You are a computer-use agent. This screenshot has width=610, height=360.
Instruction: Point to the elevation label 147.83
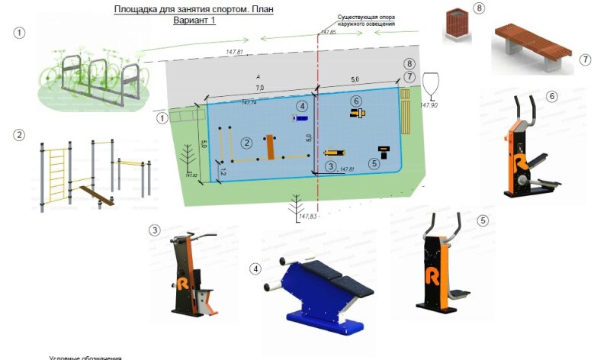(x=309, y=217)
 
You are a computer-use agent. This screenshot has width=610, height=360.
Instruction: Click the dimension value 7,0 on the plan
(x=259, y=89)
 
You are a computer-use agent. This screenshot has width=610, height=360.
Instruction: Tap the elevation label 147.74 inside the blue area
(x=249, y=102)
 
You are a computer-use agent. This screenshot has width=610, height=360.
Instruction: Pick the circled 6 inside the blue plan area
(x=355, y=101)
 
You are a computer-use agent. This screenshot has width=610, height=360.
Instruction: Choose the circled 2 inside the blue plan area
(x=246, y=142)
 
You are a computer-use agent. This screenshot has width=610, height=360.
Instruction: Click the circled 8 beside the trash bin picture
(x=479, y=8)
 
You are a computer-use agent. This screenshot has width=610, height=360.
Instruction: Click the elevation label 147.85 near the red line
(x=328, y=33)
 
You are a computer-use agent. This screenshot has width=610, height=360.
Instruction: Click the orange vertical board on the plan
(x=270, y=146)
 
